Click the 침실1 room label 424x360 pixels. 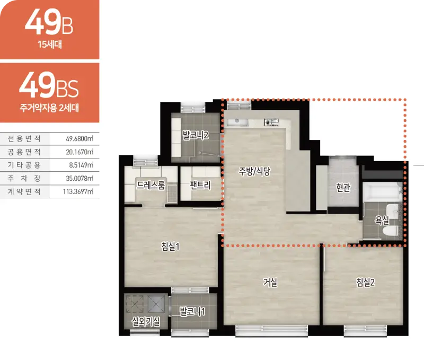pos(170,247)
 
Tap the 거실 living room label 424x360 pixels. pos(270,283)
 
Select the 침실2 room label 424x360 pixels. pos(365,283)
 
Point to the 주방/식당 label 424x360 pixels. pos(254,171)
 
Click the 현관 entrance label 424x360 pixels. pos(343,187)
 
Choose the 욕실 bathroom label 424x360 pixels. pos(382,221)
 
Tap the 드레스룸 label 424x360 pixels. pos(151,185)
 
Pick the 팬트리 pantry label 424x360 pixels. pos(200,185)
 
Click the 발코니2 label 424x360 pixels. pos(196,135)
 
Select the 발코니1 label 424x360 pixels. pos(192,312)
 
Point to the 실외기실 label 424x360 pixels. pos(146,322)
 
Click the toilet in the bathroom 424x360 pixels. pos(391,231)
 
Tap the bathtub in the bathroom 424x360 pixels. pos(382,192)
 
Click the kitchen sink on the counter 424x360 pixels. pos(237,122)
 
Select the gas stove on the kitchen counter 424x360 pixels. pos(271,122)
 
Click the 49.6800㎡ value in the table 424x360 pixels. pos(80,139)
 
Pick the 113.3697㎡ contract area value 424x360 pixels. pos(78,191)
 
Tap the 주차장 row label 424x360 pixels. pos(24,178)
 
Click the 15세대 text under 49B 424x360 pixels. pos(50,44)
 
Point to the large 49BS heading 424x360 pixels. pos(49,86)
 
